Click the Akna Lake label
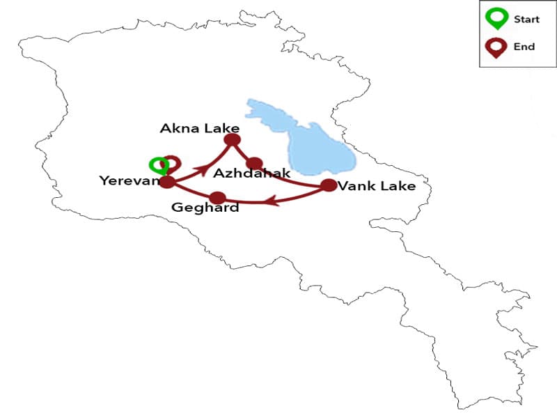(x=199, y=128)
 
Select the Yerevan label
(x=130, y=181)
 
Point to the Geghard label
(x=205, y=208)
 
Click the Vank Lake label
(x=377, y=186)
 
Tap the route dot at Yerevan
(x=167, y=183)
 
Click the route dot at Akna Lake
(x=232, y=140)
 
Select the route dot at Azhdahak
(x=254, y=164)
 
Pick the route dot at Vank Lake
(x=328, y=185)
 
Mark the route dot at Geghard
(x=218, y=197)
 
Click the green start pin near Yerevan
(x=158, y=165)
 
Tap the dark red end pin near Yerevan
(x=171, y=163)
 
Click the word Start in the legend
(x=526, y=20)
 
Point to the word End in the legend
(x=524, y=47)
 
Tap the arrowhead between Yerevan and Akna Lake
(x=203, y=169)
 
